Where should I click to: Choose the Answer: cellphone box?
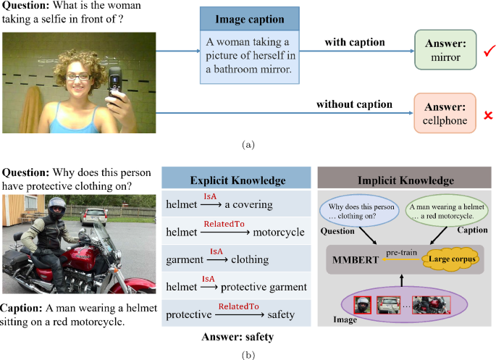[x=444, y=114]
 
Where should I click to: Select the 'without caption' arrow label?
[x=354, y=104]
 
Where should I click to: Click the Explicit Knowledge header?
[x=237, y=179]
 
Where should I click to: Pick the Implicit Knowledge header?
[x=405, y=179]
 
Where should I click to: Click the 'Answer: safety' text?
[x=236, y=337]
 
